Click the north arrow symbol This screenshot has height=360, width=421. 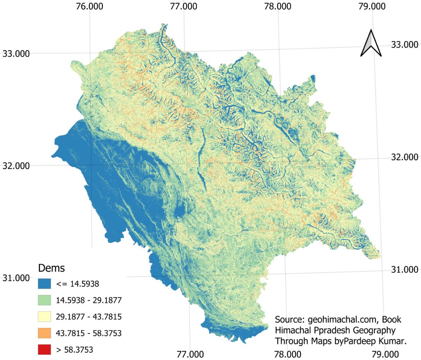(x=371, y=43)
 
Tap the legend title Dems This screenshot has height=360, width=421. (x=51, y=268)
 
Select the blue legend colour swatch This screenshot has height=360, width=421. (x=43, y=283)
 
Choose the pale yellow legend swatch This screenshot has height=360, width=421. (x=43, y=316)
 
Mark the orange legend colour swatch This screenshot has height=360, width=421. (x=43, y=333)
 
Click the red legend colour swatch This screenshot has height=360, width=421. (x=43, y=350)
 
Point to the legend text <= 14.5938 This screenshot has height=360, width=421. (x=76, y=283)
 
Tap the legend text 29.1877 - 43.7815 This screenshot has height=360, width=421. (x=88, y=316)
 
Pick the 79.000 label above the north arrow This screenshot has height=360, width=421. (x=372, y=7)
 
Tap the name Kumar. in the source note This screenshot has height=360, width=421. (x=392, y=341)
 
